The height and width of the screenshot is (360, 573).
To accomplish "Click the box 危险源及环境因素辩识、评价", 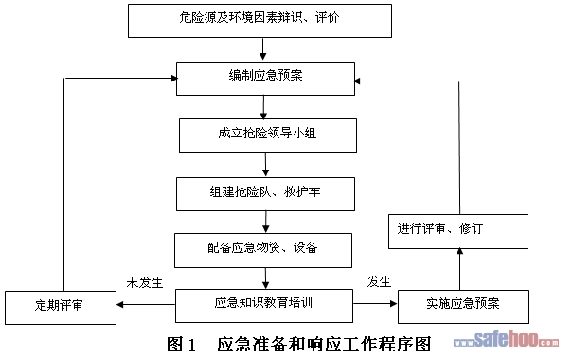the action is tap(260, 21).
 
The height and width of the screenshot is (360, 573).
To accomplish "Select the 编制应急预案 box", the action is tap(266, 79).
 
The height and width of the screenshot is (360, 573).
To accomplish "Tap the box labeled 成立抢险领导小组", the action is tap(268, 135).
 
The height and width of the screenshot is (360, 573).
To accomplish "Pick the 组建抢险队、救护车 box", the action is tap(266, 194).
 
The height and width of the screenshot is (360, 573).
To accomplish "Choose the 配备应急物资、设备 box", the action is tap(263, 250).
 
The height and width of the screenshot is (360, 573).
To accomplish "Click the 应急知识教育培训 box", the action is tap(264, 306).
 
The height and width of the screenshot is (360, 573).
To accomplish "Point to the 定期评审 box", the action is tap(61, 308).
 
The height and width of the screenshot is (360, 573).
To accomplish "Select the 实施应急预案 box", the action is tap(463, 307).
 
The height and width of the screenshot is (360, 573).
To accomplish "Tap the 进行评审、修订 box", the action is tap(458, 232).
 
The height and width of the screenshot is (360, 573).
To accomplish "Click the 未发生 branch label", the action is tap(144, 282).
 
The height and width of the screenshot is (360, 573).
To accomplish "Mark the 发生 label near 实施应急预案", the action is tap(379, 281).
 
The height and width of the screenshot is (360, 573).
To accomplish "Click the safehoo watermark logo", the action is tap(506, 339).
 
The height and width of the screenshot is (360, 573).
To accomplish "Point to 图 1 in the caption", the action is tap(182, 344).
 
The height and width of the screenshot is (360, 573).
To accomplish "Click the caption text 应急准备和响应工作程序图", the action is tap(324, 344).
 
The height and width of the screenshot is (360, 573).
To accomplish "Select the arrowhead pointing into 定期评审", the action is tap(120, 304).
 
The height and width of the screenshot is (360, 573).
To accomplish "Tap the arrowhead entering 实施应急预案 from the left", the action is tap(394, 303).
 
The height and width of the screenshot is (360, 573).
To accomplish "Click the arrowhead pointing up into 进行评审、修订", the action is tap(460, 251).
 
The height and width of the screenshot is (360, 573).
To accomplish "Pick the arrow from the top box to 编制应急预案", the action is tap(262, 49).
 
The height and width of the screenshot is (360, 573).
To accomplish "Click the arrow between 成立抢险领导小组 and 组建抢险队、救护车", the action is tap(266, 165).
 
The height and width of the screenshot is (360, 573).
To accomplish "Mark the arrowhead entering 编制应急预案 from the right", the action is tap(358, 81).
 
